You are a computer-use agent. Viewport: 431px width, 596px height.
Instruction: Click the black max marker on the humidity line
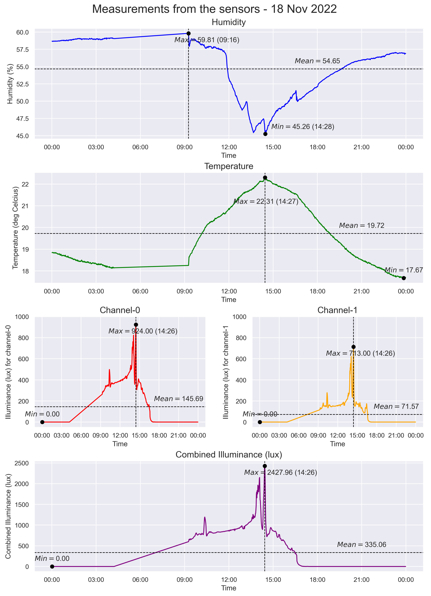click(x=188, y=33)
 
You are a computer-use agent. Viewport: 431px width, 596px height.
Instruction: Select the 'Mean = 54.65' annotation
click(x=317, y=61)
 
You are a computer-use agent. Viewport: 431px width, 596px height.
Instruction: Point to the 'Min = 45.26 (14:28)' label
click(x=302, y=127)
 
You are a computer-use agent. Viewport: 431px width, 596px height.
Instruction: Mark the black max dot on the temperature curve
click(x=265, y=178)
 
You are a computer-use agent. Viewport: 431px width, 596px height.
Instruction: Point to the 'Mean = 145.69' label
click(x=178, y=399)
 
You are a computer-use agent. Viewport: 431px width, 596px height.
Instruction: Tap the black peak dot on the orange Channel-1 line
click(x=353, y=347)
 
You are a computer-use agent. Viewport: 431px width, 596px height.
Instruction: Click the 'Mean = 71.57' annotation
click(x=396, y=407)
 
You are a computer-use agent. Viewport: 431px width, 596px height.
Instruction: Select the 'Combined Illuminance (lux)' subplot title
click(x=229, y=455)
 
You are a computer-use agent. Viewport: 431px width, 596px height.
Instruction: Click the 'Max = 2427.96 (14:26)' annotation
click(x=280, y=473)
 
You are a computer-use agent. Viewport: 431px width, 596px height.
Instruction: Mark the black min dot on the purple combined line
click(x=52, y=567)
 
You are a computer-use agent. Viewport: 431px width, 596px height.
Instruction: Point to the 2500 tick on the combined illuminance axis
click(x=22, y=463)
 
